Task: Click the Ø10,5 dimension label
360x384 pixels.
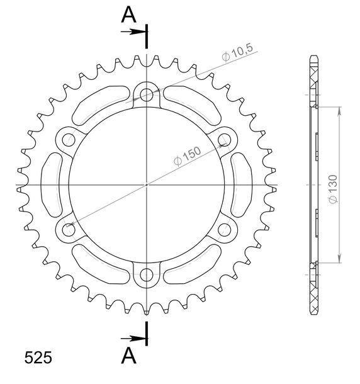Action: [237, 53]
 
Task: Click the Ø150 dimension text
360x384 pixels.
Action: [187, 156]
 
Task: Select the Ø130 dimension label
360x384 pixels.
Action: [333, 189]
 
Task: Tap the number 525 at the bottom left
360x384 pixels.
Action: [38, 358]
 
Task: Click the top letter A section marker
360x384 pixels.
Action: [128, 14]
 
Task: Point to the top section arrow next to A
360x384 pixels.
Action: [133, 31]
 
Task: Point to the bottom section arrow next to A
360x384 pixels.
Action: [133, 339]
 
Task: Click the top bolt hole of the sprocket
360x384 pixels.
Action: [147, 95]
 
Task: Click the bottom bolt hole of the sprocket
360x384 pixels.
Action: [147, 274]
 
